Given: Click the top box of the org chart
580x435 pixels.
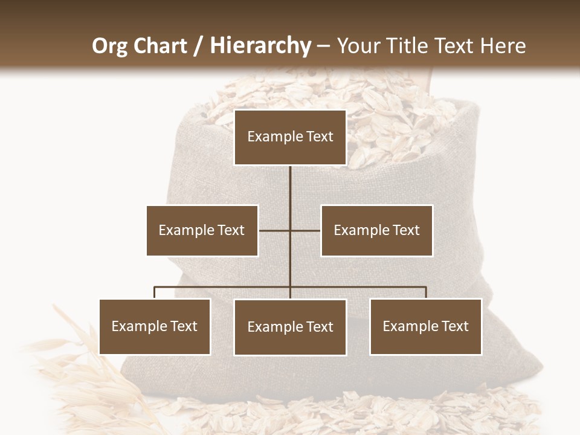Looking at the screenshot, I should click(290, 137).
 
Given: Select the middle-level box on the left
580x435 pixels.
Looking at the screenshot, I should click(202, 230).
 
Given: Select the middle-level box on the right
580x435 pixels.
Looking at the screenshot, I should click(376, 230).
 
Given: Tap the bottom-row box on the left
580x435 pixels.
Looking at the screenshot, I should click(155, 326).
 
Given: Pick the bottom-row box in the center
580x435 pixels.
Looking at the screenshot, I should click(290, 327).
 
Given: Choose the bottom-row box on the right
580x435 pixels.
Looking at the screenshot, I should click(425, 326).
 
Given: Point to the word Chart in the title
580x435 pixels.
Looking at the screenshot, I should click(160, 46).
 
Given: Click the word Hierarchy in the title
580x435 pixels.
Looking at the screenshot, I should click(260, 46).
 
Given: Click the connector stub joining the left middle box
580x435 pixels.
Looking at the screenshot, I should click(274, 230).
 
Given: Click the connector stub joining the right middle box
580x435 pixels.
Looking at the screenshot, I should click(306, 230).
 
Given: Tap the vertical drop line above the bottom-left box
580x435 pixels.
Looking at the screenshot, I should click(155, 292).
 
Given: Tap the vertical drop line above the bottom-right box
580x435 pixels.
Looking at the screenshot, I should click(426, 292).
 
